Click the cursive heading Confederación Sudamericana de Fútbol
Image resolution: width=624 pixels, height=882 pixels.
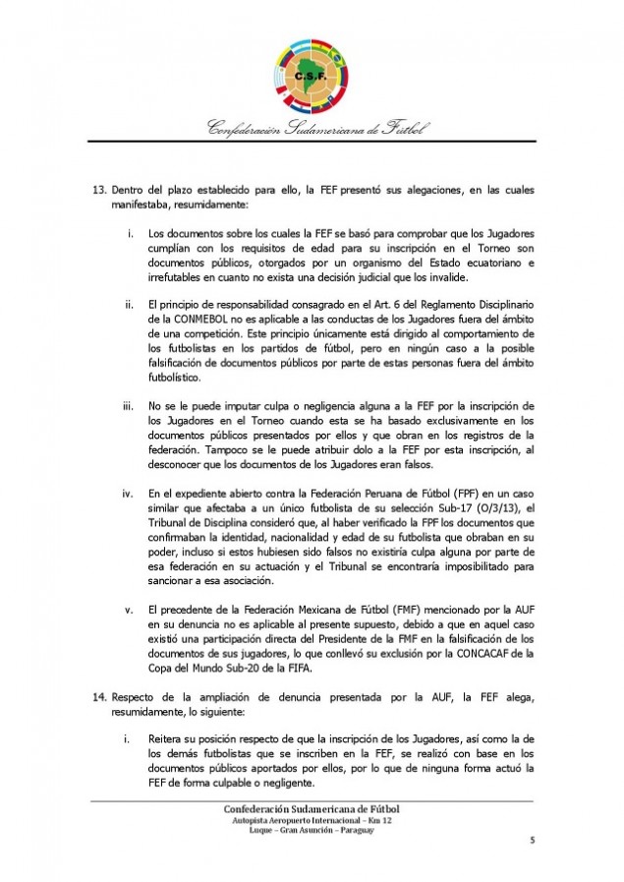[312, 129]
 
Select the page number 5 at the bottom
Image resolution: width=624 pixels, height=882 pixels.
[533, 840]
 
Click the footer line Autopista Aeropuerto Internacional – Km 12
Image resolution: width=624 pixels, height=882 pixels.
[312, 819]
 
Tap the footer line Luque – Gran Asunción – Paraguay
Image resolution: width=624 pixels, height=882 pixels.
[312, 830]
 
